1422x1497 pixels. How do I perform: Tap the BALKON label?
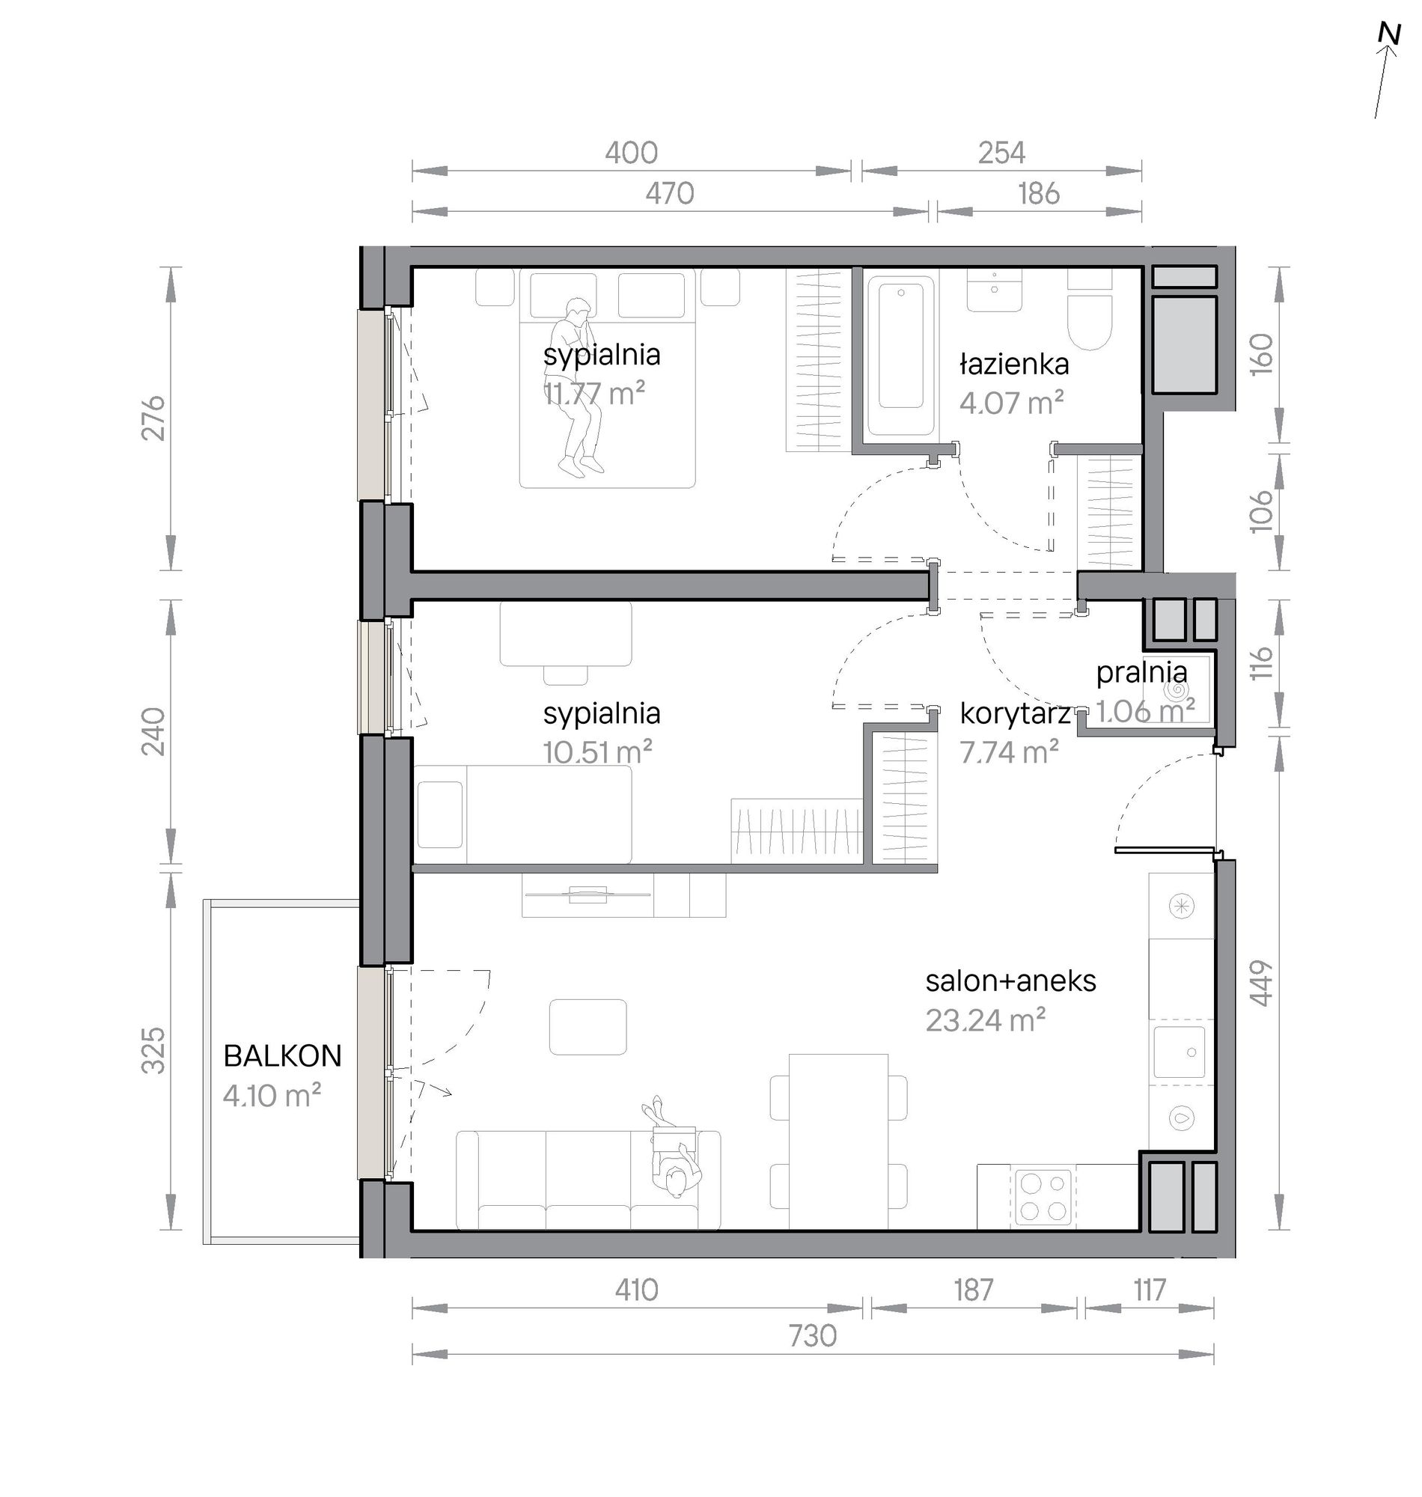point(283,1056)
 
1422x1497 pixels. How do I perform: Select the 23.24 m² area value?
point(986,1020)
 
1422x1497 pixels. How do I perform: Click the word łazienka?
point(1014,365)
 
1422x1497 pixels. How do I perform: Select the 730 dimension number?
point(813,1335)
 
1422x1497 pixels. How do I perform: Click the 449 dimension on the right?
point(1260,984)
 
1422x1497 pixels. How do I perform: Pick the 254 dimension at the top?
point(1001,153)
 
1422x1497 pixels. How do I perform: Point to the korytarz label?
point(1015,714)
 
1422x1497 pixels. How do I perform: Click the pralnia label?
point(1141,672)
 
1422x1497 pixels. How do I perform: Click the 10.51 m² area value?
point(597,752)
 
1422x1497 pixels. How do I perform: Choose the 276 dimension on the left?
point(153,417)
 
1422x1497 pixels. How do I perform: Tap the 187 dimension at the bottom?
point(973,1290)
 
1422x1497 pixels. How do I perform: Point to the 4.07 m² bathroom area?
point(1012,403)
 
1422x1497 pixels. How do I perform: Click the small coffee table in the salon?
point(588,1027)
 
